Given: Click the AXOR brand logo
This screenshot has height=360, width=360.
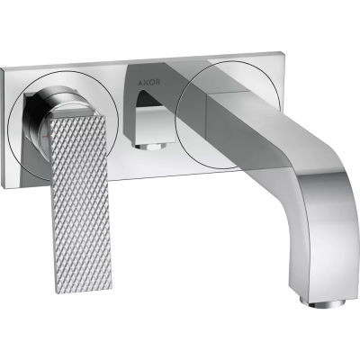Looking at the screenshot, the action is [x=149, y=82].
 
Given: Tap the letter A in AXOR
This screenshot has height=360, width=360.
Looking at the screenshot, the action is [x=140, y=82].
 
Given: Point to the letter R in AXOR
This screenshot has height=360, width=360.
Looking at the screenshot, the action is [x=157, y=82].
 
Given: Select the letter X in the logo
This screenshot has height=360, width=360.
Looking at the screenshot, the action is [x=146, y=82].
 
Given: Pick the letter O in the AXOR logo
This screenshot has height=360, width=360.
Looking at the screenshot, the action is [x=152, y=82].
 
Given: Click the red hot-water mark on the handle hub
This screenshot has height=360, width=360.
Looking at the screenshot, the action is [x=45, y=137].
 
